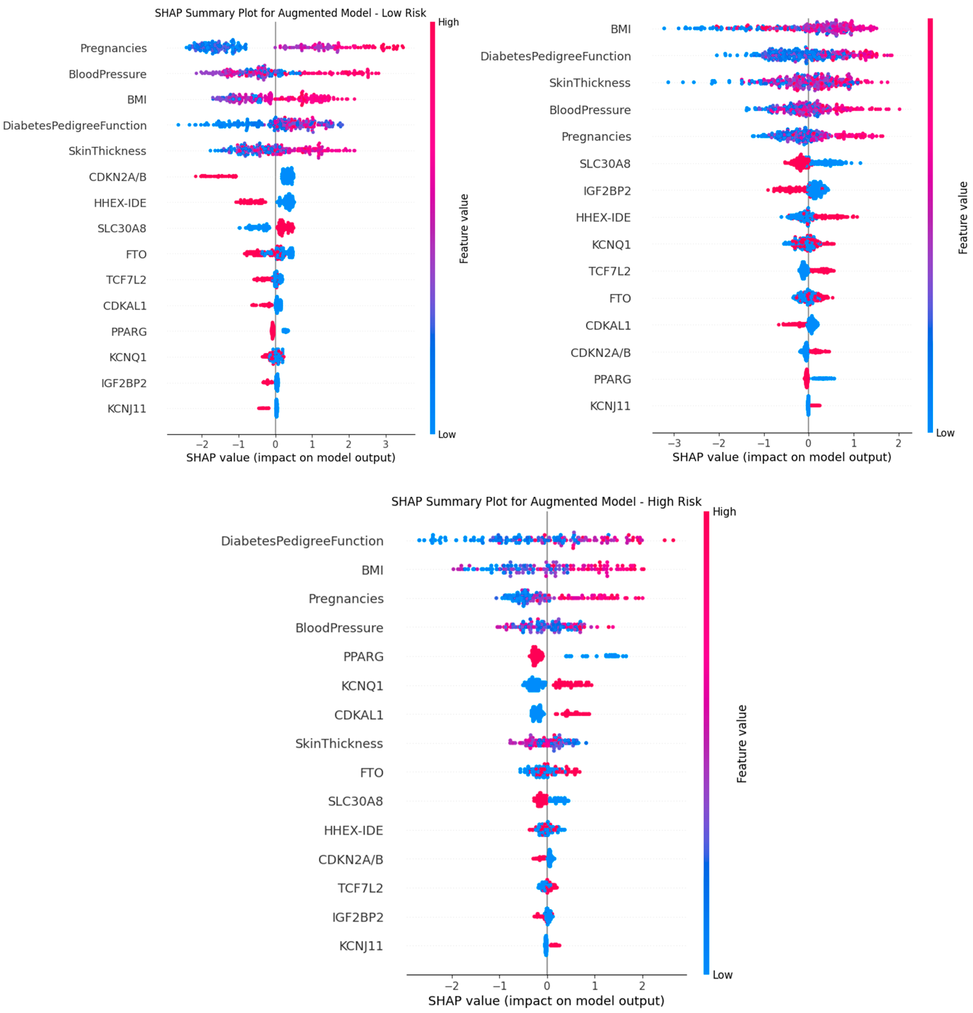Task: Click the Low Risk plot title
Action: click(x=290, y=13)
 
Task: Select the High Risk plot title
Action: click(x=546, y=501)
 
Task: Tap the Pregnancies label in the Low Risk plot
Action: click(x=113, y=48)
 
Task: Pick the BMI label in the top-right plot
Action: click(x=620, y=29)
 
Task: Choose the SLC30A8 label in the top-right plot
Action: click(x=605, y=164)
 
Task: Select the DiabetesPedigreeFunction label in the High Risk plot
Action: click(x=302, y=541)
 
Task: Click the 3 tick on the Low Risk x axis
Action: click(x=385, y=444)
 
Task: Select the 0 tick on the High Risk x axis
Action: click(x=547, y=986)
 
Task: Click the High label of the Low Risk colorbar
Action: click(x=448, y=22)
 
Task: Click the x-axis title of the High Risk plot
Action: click(x=546, y=1001)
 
